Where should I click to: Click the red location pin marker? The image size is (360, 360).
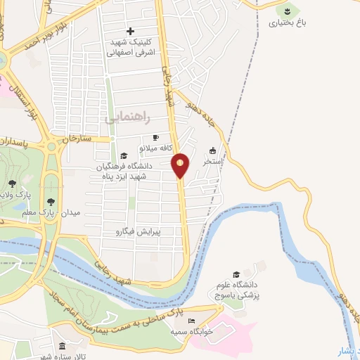pyautogui.click(x=181, y=165)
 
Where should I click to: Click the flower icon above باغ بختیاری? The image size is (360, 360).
pyautogui.click(x=287, y=10)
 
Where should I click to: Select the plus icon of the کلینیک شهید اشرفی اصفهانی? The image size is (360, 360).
pyautogui.click(x=131, y=31)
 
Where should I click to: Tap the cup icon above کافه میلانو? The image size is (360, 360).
pyautogui.click(x=155, y=138)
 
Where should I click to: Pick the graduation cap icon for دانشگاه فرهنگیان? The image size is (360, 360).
pyautogui.click(x=124, y=156)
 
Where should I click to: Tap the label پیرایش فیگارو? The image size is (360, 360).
pyautogui.click(x=138, y=231)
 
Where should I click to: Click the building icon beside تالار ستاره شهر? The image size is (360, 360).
pyautogui.click(x=62, y=347)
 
